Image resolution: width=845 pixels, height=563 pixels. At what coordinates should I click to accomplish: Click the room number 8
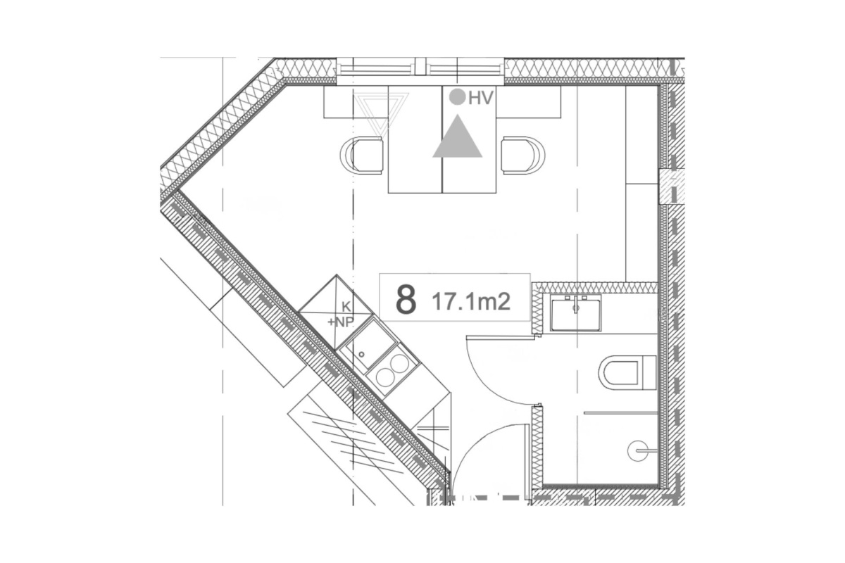pyautogui.click(x=406, y=299)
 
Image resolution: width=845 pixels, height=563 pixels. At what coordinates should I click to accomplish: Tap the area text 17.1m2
pyautogui.click(x=471, y=302)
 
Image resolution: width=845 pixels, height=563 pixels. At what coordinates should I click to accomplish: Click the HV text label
pyautogui.click(x=480, y=98)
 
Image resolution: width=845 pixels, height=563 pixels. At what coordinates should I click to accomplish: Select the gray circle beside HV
pyautogui.click(x=458, y=96)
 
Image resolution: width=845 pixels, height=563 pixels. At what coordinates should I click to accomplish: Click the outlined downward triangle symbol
pyautogui.click(x=381, y=113)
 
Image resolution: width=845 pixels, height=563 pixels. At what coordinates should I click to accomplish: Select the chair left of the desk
pyautogui.click(x=362, y=156)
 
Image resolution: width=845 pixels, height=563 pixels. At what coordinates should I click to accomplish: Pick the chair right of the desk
pyautogui.click(x=523, y=156)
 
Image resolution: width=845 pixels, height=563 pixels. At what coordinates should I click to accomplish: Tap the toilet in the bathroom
pyautogui.click(x=627, y=372)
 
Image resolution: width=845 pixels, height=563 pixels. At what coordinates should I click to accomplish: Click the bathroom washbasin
pyautogui.click(x=575, y=313)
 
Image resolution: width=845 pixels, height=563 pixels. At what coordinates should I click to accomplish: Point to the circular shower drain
pyautogui.click(x=637, y=450)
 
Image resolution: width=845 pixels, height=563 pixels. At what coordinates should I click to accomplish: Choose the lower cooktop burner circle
pyautogui.click(x=384, y=377)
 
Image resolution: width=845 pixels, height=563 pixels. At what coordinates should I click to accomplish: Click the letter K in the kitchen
pyautogui.click(x=346, y=308)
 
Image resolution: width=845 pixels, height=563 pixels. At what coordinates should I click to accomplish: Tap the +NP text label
pyautogui.click(x=340, y=322)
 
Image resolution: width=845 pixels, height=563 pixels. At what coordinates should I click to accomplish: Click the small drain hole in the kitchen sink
pyautogui.click(x=361, y=354)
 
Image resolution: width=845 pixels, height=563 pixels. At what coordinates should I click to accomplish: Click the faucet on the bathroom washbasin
pyautogui.click(x=576, y=304)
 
